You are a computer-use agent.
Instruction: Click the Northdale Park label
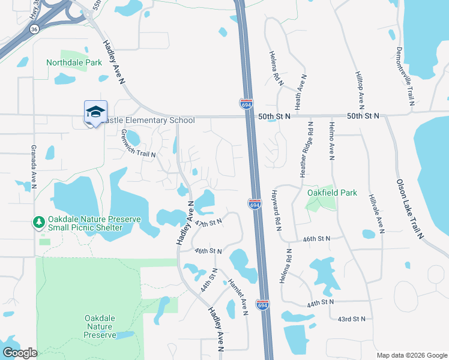(74, 62)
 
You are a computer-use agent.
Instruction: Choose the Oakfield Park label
(332, 193)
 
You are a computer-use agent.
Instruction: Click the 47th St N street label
(209, 222)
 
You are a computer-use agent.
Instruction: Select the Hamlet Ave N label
(238, 296)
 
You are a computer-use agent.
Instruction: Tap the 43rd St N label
(351, 319)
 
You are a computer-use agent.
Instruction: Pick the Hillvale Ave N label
(379, 212)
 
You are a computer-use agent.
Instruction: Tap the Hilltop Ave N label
(361, 91)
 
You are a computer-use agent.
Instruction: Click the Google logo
(20, 353)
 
